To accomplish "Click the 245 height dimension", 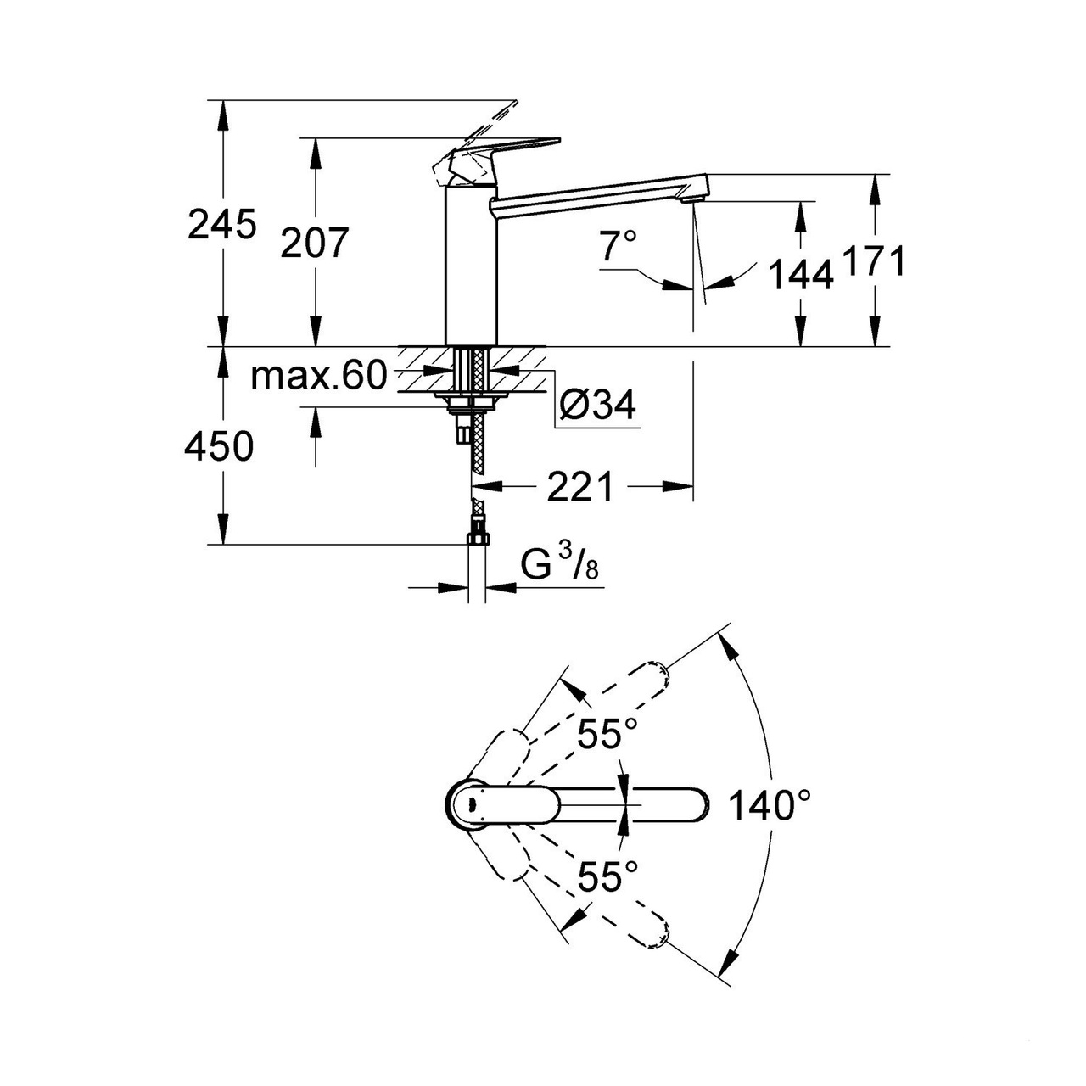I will coord(221,226).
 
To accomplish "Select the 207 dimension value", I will coord(315,244).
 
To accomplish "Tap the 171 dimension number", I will coord(873,262).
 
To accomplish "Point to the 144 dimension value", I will coord(799,275).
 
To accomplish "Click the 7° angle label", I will coord(619,247).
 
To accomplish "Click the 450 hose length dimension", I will coord(219,447).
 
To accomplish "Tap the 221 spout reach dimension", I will coord(579,487).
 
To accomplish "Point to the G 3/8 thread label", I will coord(559,566).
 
